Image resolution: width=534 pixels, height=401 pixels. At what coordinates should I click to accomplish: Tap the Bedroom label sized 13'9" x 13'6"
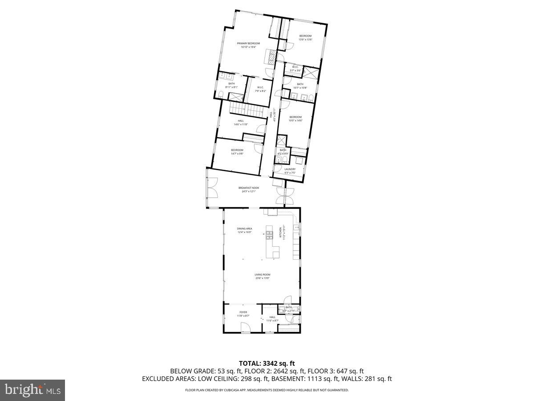click(305, 36)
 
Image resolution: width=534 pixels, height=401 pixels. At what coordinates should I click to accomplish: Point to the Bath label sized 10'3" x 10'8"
click(300, 84)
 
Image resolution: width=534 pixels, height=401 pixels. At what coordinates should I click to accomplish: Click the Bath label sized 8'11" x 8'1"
click(231, 84)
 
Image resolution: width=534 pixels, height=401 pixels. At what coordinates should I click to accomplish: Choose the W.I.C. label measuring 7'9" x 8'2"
click(260, 87)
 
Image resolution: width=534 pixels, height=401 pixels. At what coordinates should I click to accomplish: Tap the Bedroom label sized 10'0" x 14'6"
click(295, 117)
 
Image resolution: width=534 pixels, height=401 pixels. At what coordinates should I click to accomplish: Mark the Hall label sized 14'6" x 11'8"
click(241, 121)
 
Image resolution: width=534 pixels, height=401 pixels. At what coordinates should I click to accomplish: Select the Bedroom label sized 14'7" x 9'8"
click(237, 150)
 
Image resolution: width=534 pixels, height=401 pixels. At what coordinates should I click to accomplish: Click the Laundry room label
click(290, 169)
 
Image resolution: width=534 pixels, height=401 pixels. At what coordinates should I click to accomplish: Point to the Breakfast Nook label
click(248, 188)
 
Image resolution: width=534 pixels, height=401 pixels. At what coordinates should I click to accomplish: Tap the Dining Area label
click(244, 229)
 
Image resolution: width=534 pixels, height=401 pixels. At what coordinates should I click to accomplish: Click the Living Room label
click(263, 274)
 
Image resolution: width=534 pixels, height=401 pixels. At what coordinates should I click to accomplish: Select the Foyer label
click(243, 312)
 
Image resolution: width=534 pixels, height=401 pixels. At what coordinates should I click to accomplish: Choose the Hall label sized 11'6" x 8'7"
click(272, 318)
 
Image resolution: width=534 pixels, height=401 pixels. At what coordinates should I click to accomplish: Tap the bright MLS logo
click(32, 390)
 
